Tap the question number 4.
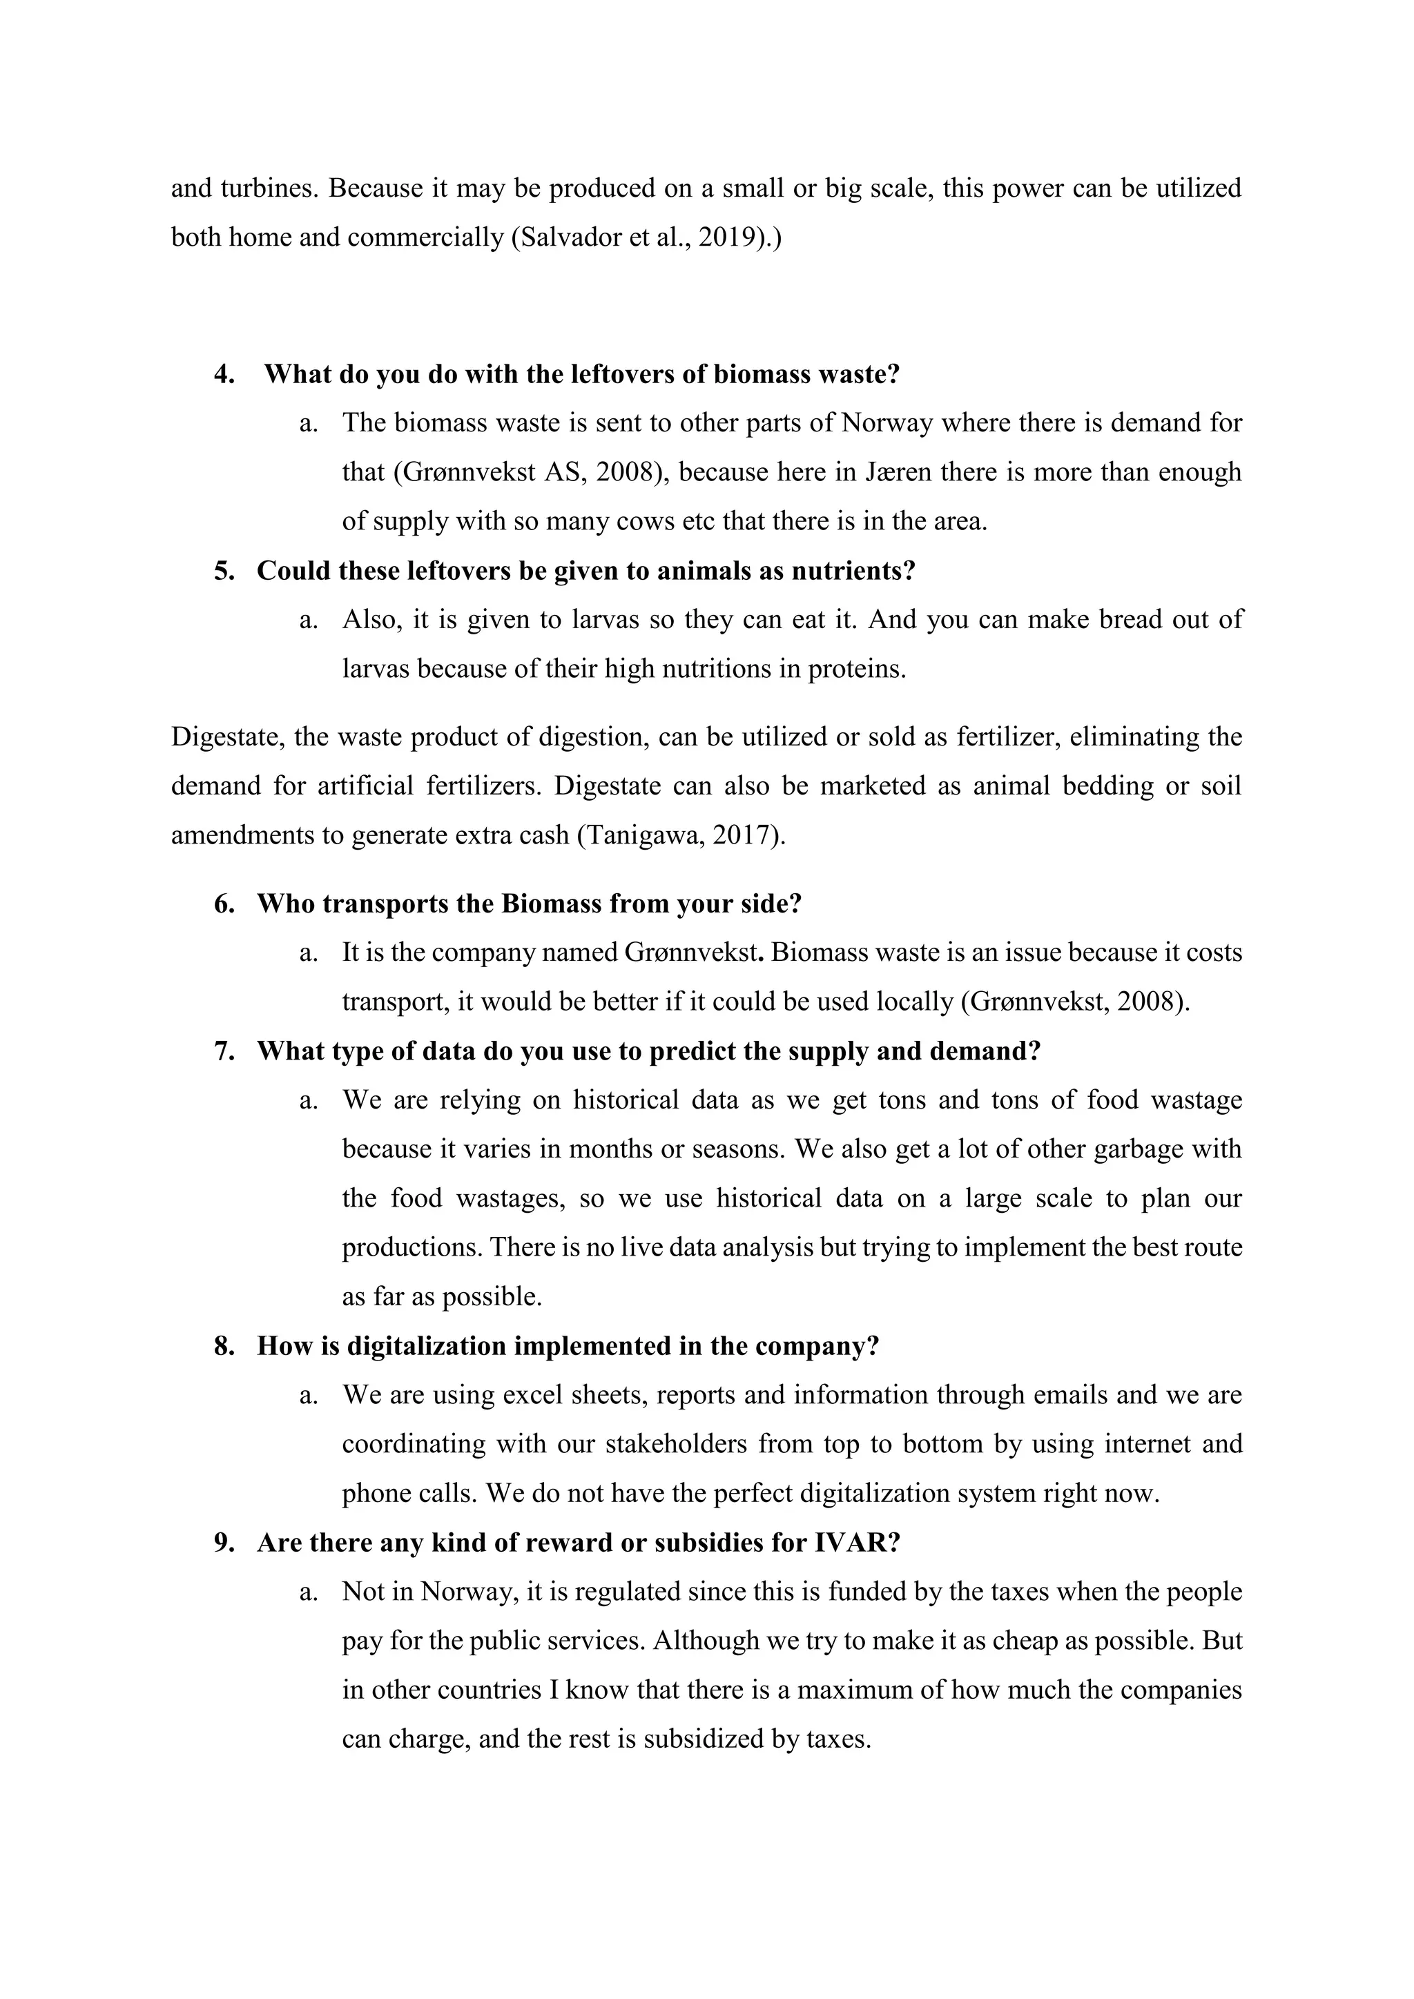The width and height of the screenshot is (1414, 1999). [x=224, y=374]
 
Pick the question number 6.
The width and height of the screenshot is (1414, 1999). [x=224, y=904]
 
